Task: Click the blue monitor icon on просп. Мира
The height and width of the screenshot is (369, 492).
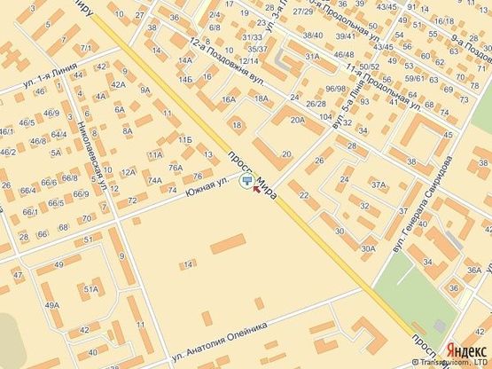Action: tap(246, 182)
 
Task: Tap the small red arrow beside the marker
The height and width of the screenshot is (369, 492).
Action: tap(258, 186)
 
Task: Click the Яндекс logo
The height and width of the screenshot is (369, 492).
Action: tap(465, 349)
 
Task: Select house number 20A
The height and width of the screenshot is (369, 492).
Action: tap(296, 122)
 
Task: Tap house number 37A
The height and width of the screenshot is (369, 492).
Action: tap(379, 185)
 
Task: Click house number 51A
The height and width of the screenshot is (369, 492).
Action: tap(90, 289)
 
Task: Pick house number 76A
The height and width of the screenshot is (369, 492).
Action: tap(176, 168)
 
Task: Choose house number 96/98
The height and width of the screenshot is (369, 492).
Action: tap(335, 90)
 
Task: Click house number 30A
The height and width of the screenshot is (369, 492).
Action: tap(369, 249)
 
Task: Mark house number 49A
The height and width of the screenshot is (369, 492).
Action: tap(52, 305)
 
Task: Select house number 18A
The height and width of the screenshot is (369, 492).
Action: tap(261, 99)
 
